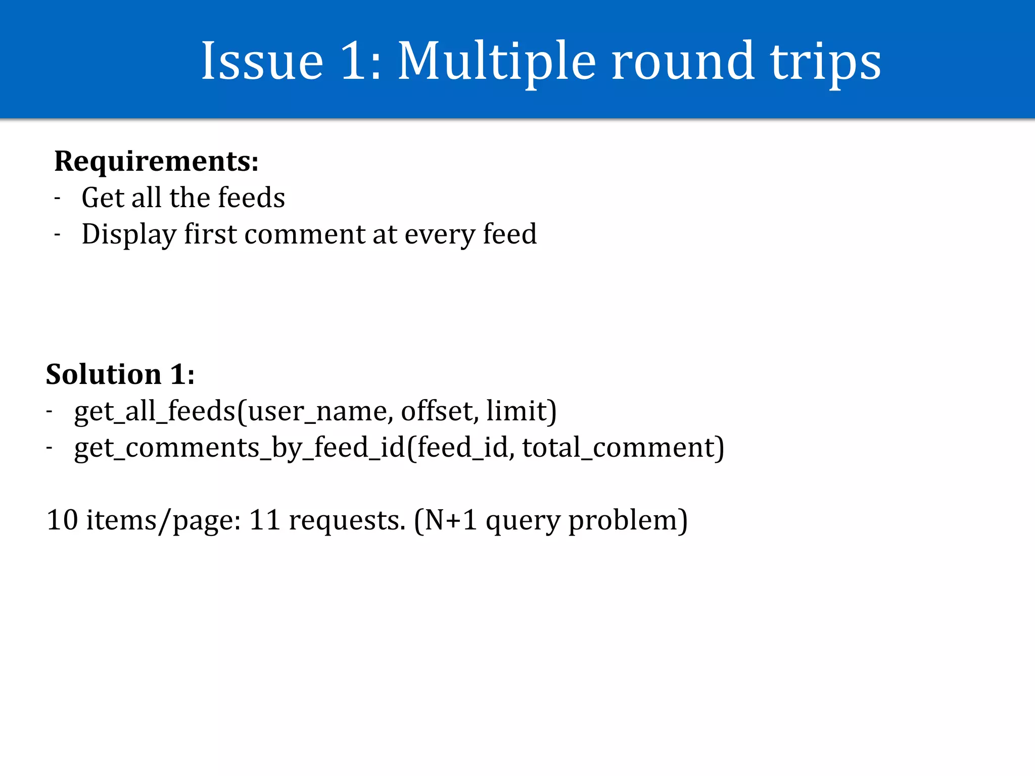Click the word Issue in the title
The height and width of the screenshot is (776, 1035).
pos(262,62)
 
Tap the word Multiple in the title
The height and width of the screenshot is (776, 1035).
pos(497,62)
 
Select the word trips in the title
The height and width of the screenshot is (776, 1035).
pos(825,62)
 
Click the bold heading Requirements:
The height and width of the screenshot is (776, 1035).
pos(156,162)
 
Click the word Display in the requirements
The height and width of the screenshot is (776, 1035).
pos(129,234)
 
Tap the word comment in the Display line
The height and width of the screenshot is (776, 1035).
pos(305,234)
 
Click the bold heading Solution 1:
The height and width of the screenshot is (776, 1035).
pos(120,374)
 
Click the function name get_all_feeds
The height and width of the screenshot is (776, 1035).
pos(155,411)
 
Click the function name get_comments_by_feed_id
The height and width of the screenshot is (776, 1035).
pos(240,448)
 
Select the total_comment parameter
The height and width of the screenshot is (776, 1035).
pos(619,448)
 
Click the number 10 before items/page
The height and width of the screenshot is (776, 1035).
pos(62,520)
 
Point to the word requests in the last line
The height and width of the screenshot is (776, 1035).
pos(346,521)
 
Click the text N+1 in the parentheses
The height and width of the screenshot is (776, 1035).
pos(451,520)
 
